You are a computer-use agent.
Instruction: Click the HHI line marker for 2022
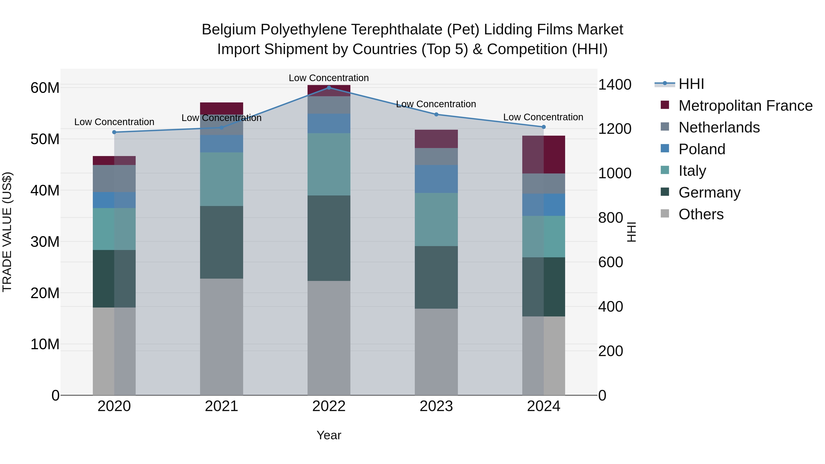(x=329, y=88)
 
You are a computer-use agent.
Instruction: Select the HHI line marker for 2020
(x=114, y=132)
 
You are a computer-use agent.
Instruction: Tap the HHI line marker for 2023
(x=436, y=114)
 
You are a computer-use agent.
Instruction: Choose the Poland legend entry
(x=701, y=149)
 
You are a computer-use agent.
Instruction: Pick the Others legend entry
(x=701, y=214)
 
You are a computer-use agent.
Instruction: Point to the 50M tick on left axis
(x=45, y=139)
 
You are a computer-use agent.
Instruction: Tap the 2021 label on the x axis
(x=221, y=406)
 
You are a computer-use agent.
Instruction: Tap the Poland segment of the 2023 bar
(x=436, y=179)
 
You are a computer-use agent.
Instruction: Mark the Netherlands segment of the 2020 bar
(x=114, y=178)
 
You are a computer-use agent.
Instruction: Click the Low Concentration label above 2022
(x=329, y=78)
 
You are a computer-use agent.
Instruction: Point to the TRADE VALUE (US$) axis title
(x=7, y=232)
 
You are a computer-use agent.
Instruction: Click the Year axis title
(x=329, y=435)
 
